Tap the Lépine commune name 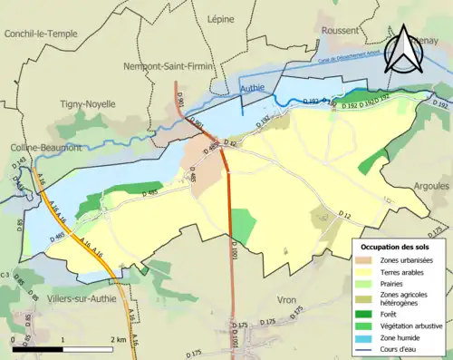pos(220,17)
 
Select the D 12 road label pos(344,214)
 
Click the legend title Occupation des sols pos(396,246)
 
